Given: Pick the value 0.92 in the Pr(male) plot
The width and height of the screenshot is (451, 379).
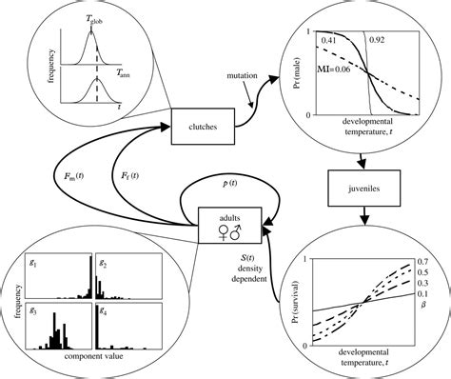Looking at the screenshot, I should pos(379,41).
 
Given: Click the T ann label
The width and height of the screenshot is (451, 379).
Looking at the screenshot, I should pos(124,71).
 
